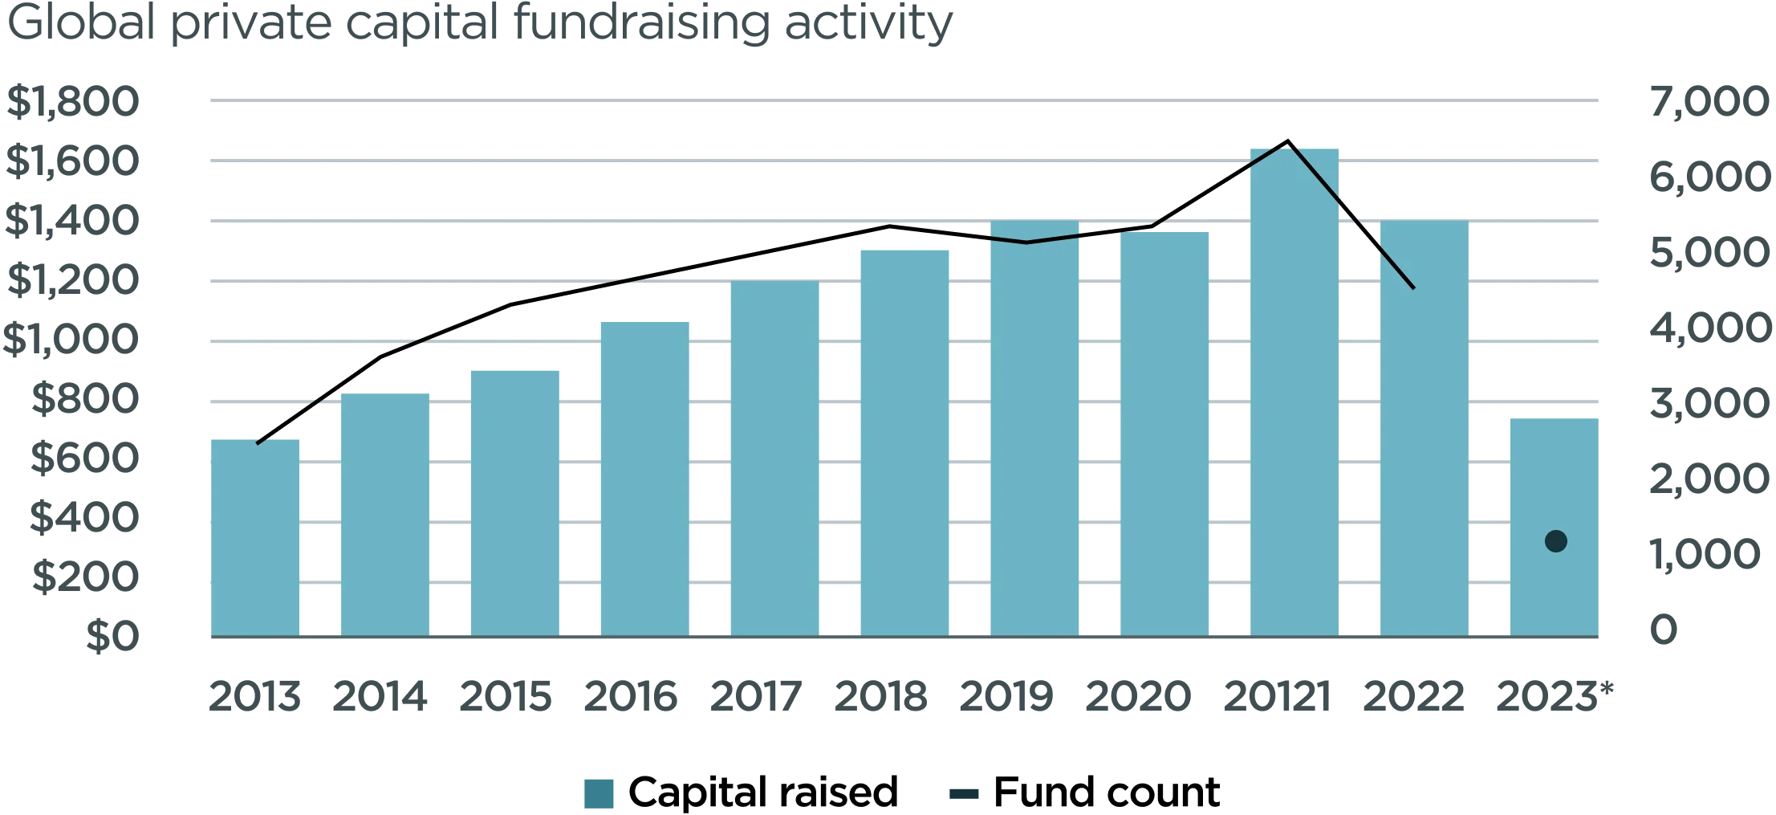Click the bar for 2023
1554,482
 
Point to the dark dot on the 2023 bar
1555,541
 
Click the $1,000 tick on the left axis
71,340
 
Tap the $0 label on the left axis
112,638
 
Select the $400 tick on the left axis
83,519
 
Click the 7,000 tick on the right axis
1709,104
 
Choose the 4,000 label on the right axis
1709,329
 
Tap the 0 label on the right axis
1666,630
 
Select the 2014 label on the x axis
379,696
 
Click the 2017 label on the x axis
756,696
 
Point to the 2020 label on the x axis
1136,696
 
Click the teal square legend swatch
600,793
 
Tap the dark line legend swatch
963,794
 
